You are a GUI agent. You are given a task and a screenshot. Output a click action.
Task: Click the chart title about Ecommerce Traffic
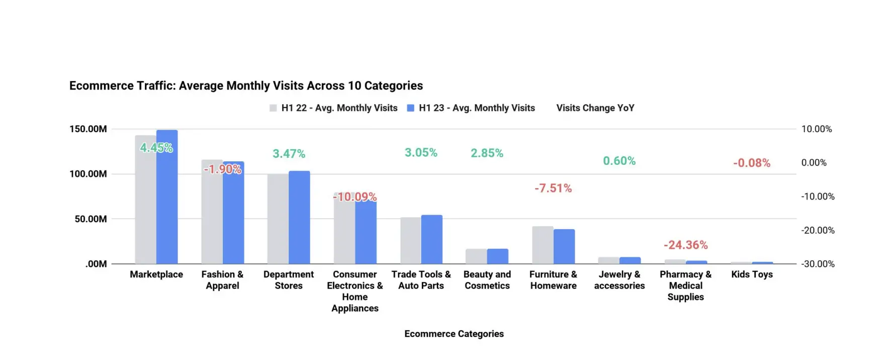[x=246, y=85]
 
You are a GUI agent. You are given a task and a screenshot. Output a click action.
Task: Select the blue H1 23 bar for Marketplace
[x=167, y=201]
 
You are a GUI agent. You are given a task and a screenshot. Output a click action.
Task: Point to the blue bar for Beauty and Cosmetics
[x=498, y=256]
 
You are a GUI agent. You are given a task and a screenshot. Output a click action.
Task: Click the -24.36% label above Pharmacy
[x=685, y=245]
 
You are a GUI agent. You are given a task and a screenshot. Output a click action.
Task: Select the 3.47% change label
[x=289, y=154]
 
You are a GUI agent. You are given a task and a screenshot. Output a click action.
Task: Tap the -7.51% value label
[x=553, y=188]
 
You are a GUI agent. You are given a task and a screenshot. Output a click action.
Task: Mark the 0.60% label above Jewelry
[x=619, y=161]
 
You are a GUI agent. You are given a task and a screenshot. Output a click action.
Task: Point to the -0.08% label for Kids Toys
[x=751, y=163]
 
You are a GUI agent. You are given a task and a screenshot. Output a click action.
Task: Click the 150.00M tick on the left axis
[x=88, y=129]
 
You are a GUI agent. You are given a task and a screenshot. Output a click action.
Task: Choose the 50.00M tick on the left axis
[x=91, y=219]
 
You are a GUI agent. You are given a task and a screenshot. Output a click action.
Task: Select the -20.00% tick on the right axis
[x=818, y=230]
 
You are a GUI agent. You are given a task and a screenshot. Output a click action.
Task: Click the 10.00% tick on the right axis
[x=816, y=129]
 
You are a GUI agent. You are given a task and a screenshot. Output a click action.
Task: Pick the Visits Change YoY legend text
[x=595, y=108]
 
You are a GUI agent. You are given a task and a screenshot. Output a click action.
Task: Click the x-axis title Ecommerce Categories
[x=454, y=334]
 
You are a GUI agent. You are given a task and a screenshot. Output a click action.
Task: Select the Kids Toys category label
[x=752, y=275]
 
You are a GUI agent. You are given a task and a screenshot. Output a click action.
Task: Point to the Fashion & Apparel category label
[x=222, y=280]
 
